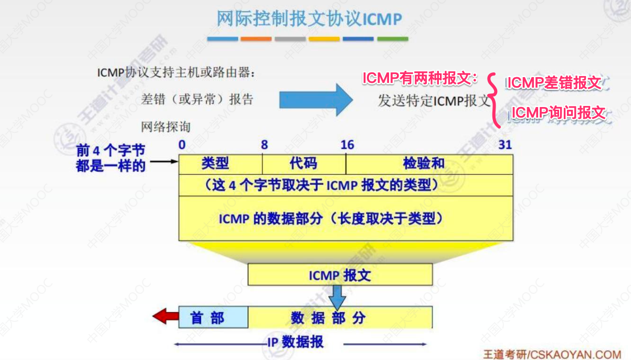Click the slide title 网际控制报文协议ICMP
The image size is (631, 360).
coord(309,19)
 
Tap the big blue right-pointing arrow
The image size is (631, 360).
coord(315,98)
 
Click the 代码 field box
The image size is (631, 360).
coord(304,164)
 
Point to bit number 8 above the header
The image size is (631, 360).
coord(264,145)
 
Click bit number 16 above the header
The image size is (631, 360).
coord(347,145)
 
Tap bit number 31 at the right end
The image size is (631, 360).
coord(505,145)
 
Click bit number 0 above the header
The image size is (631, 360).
coord(182,145)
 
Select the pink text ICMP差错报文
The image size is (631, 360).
coord(553,83)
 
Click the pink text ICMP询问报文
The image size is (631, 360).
coord(559,113)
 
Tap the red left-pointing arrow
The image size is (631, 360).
coord(165,316)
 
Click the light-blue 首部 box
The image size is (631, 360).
coord(213,317)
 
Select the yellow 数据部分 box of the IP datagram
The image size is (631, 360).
coord(340,317)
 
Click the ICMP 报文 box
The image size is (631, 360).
coord(340,274)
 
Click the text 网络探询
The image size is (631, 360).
coord(166,126)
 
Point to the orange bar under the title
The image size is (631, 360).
coord(256,39)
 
